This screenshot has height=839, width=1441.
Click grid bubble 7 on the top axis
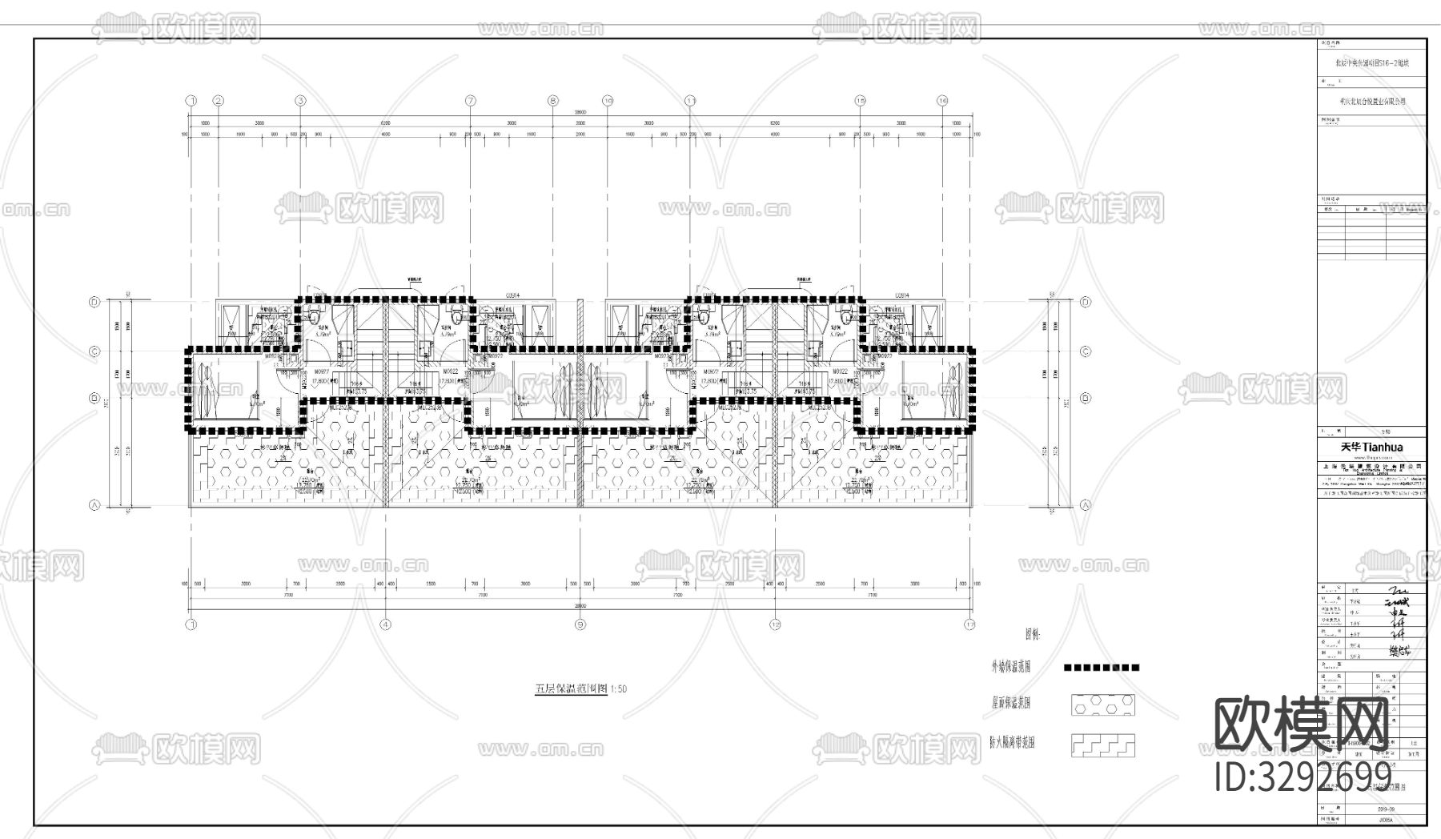(470, 101)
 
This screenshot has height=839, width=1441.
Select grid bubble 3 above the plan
(300, 101)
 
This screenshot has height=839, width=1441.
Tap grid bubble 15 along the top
(861, 101)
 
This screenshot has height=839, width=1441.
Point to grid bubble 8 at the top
(552, 101)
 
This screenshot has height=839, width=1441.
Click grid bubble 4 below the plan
(386, 624)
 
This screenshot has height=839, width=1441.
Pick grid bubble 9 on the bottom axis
(580, 624)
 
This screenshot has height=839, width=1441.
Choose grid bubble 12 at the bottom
(775, 624)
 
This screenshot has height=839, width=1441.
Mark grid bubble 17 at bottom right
(970, 624)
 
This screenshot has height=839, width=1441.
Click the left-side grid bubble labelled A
(94, 505)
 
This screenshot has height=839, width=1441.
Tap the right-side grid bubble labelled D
(1086, 303)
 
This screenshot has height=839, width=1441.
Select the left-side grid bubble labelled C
(94, 351)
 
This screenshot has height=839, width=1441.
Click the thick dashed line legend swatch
(1102, 667)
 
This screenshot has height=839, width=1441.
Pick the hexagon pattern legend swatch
(1102, 705)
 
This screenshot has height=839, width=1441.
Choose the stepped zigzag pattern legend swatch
(1102, 746)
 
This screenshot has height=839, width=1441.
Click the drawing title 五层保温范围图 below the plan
(571, 688)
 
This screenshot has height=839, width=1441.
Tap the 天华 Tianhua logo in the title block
(1371, 447)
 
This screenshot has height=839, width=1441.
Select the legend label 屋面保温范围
(1010, 704)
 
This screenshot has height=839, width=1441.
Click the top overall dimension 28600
(580, 113)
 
